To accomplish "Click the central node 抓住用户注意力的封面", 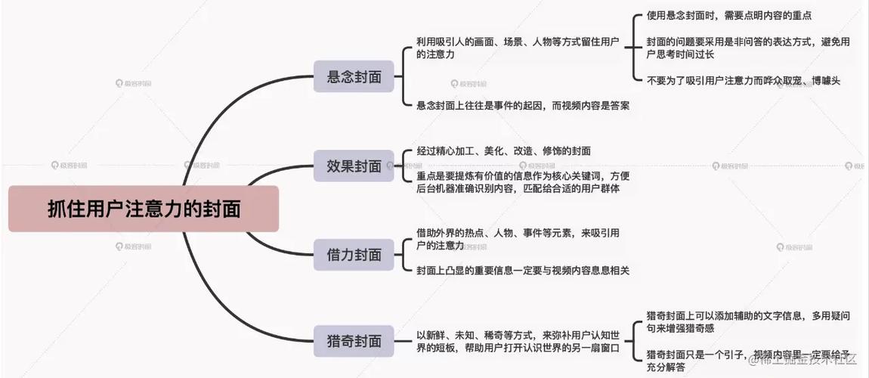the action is tap(144, 209).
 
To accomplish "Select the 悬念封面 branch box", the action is tap(354, 76).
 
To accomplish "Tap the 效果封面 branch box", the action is tap(354, 165).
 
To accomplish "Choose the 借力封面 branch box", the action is tap(354, 255).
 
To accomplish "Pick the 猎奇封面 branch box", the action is tap(354, 341).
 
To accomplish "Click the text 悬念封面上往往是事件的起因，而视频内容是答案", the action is tap(523, 106).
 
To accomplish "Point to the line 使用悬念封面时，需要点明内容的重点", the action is tap(728, 16).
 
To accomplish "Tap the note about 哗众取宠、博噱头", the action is tap(744, 80).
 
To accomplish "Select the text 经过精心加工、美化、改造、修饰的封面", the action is tap(504, 150).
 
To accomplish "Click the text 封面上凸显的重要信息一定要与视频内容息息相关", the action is tap(523, 271).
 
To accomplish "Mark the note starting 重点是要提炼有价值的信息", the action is tap(523, 181).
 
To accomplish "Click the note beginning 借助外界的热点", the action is tap(518, 239).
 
